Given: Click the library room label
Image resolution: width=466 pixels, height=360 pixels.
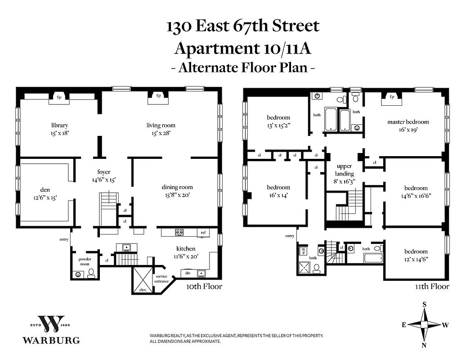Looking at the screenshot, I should pos(59,125).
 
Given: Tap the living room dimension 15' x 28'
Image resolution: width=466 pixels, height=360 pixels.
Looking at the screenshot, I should pos(161,133).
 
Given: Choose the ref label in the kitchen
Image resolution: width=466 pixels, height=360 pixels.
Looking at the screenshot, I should pos(203,233).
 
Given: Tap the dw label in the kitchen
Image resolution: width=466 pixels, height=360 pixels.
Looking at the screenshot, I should pos(187,272).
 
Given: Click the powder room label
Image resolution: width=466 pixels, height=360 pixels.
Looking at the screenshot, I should pos(85,262).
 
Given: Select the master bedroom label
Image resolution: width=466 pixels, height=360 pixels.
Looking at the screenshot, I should pos(408,121).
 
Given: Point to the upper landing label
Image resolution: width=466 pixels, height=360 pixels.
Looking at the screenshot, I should pos(345,170).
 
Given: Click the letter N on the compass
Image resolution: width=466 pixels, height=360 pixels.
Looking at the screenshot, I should pos(424,345).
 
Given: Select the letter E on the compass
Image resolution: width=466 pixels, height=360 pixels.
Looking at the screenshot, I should pos(404,324).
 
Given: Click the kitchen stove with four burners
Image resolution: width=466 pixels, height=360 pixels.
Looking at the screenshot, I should pos(179,233).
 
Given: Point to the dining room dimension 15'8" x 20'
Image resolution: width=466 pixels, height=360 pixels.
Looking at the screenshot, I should pos(177,195).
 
